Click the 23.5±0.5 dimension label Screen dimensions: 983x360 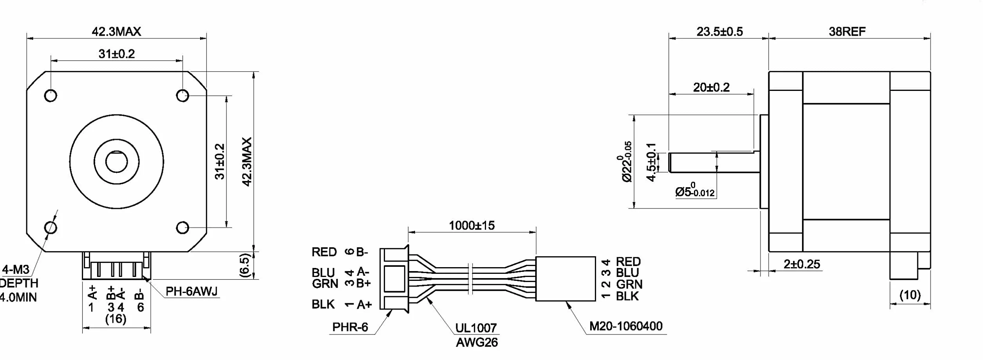tap(719, 31)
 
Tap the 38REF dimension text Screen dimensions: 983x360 tap(847, 31)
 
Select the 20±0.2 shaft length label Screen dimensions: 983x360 tap(711, 87)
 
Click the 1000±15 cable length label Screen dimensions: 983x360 tap(472, 225)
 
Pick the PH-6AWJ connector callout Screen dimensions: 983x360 tap(192, 291)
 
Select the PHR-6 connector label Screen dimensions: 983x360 tap(350, 327)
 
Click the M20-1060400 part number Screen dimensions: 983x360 tap(626, 326)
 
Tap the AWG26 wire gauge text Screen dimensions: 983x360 tap(477, 342)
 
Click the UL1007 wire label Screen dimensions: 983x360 tap(476, 328)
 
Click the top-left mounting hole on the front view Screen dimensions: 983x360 tap(51, 96)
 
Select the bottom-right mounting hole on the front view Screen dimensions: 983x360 tap(183, 228)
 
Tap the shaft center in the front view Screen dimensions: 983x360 tap(116, 161)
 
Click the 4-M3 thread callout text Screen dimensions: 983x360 tap(16, 270)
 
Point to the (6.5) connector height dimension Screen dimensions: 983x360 tap(244, 266)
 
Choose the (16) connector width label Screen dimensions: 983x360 tap(116, 318)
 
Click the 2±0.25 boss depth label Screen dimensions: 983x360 tap(802, 264)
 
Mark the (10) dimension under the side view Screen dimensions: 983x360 tap(910, 295)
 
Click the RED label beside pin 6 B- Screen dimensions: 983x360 tap(324, 252)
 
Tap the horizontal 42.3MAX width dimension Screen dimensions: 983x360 tap(116, 31)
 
